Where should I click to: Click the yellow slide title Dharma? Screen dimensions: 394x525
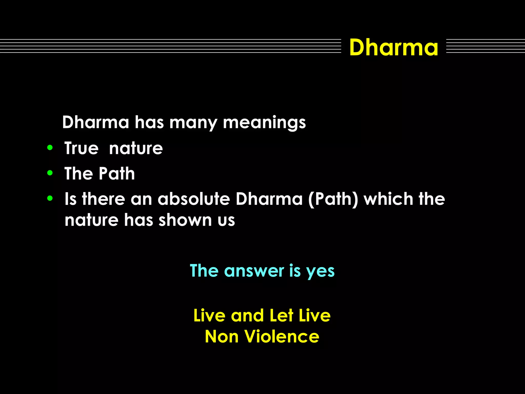tap(393, 47)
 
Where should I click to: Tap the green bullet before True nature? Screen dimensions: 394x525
tap(50, 148)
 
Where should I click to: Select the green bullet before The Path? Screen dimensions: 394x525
tap(50, 173)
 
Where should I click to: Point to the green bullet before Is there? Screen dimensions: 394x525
tap(50, 198)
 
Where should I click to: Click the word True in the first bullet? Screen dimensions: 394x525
tap(81, 148)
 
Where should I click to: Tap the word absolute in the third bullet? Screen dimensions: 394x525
tap(194, 199)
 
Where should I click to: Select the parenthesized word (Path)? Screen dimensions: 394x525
tap(333, 199)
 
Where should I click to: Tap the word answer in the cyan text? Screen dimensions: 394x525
tap(254, 271)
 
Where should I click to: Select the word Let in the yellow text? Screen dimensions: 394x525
tap(281, 315)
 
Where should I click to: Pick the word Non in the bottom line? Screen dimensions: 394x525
tap(222, 336)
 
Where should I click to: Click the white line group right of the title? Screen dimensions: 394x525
tap(485, 46)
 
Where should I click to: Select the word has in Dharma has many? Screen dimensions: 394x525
tap(149, 122)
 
